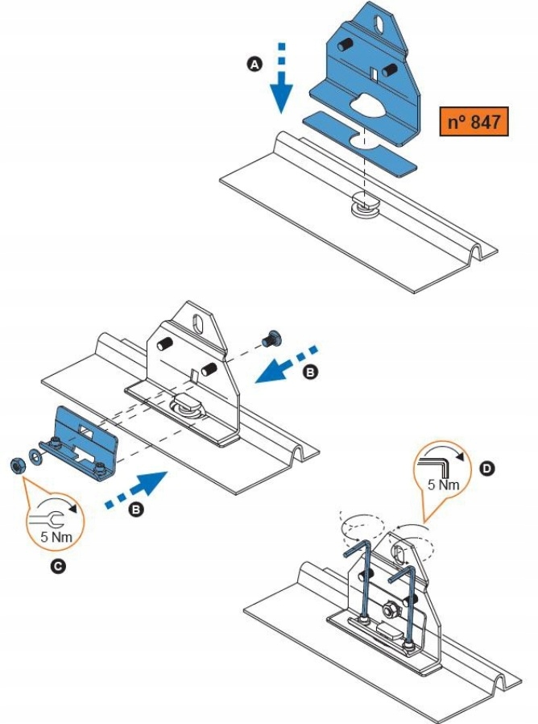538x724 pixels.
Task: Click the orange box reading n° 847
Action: pos(474,122)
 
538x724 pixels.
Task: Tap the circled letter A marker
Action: pos(255,64)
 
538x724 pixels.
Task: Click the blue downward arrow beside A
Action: pos(281,78)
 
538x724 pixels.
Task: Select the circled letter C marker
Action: pos(57,566)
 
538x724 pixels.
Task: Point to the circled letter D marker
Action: pos(486,469)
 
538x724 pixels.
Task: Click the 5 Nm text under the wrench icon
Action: pos(56,536)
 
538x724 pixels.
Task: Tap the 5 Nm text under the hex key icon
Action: pos(443,485)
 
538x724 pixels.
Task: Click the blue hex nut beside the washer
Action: pos(17,465)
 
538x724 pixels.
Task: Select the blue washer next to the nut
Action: pos(34,456)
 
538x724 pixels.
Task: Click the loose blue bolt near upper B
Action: pos(271,339)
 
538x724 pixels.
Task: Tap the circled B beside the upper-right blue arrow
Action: pos(312,372)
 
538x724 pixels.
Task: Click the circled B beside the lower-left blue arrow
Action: pos(135,510)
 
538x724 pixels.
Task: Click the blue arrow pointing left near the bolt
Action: pos(286,364)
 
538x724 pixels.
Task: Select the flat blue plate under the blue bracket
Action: pos(360,143)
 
